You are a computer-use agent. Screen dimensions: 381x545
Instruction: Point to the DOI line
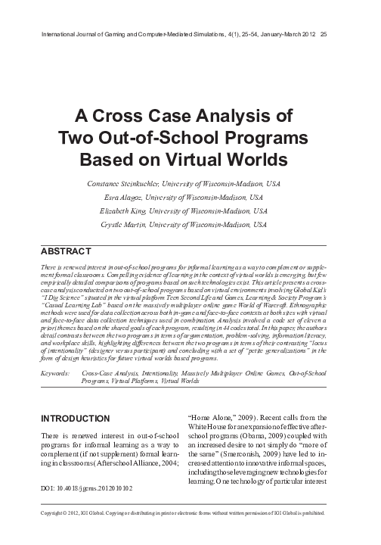(91, 511)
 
